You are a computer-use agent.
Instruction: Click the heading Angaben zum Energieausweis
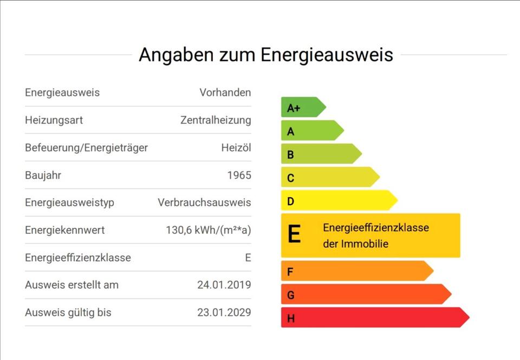point(265,55)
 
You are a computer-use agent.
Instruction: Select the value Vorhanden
point(225,93)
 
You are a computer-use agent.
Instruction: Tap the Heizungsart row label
point(54,120)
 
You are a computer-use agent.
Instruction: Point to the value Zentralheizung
point(216,120)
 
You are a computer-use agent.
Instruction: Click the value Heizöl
point(236,148)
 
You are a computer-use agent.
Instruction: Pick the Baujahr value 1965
point(239,176)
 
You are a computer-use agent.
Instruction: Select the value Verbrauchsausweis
point(204,203)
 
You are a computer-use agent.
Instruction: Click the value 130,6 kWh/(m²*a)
point(208,230)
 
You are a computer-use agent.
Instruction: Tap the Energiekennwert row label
point(64,230)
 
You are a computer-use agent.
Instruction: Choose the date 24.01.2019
point(224,285)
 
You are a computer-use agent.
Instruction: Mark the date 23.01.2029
point(224,313)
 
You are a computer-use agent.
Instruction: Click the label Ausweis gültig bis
point(68,313)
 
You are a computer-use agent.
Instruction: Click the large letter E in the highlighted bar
point(294,235)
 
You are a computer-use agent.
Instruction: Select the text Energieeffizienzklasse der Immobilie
point(375,235)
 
